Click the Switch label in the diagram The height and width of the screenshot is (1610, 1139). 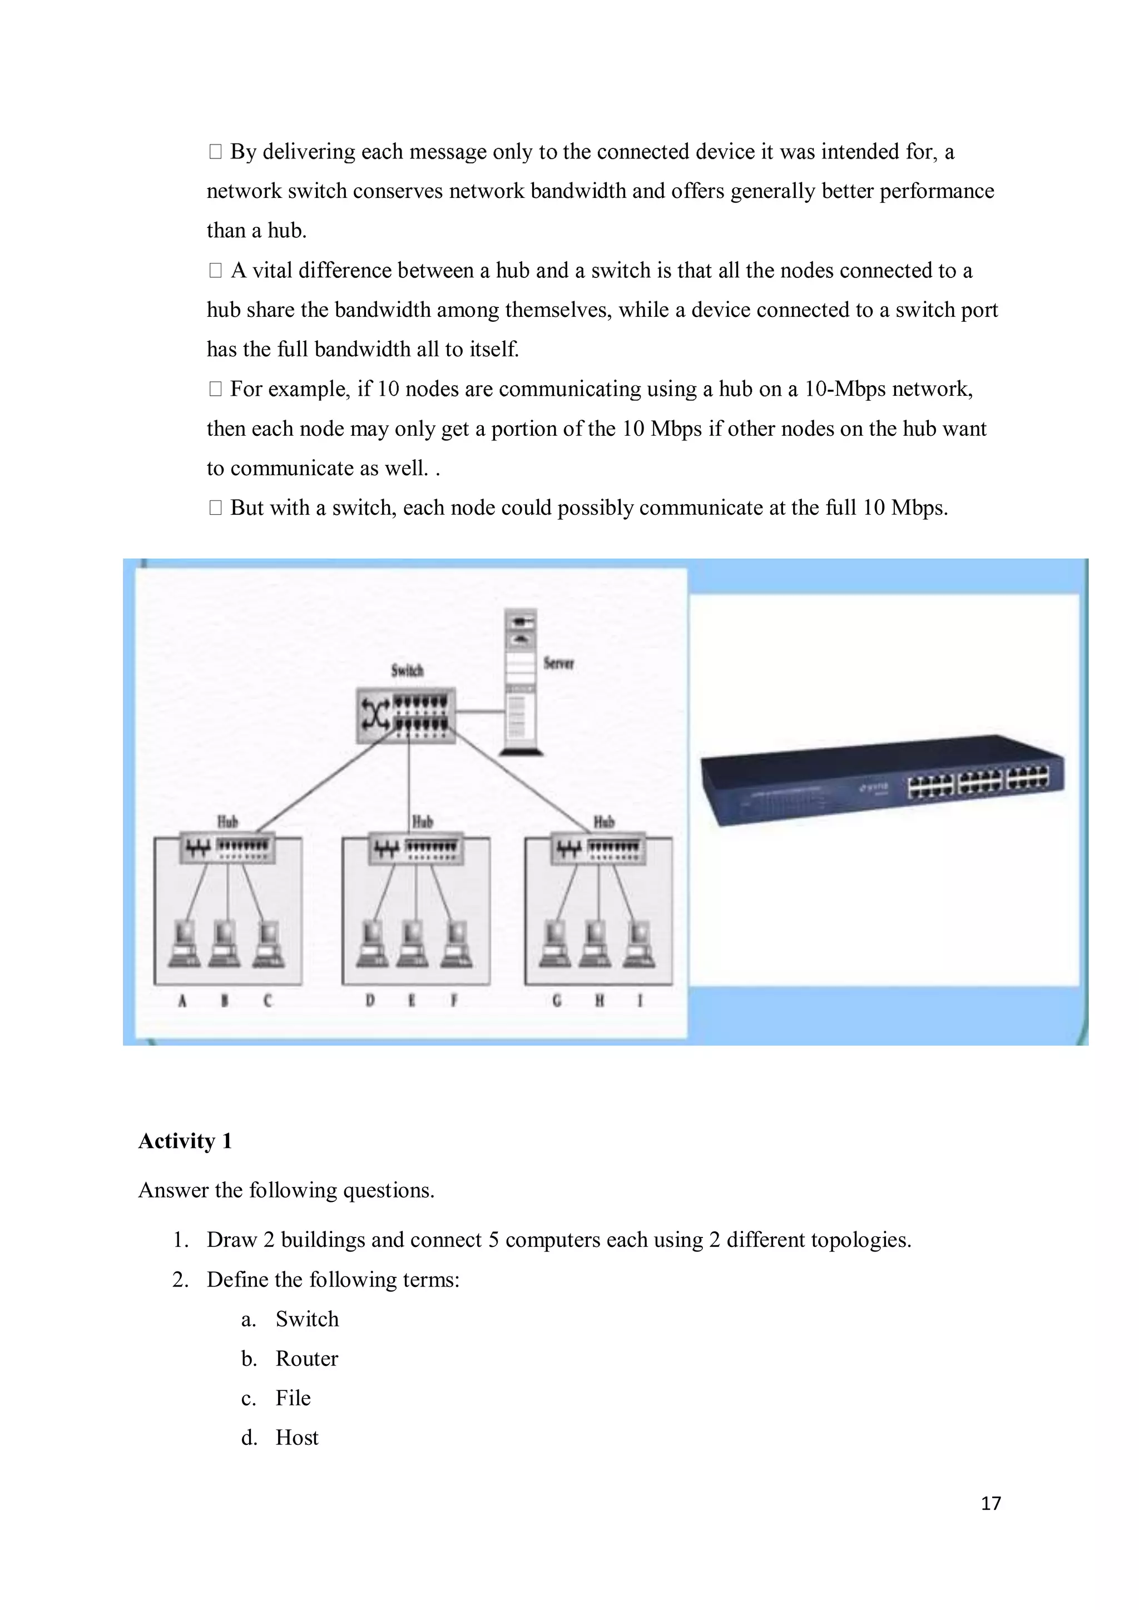407,670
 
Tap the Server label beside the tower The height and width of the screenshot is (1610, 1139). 558,663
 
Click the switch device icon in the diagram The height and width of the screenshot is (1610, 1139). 405,714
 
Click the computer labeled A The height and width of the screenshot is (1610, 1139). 185,945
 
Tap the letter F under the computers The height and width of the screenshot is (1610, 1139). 454,1001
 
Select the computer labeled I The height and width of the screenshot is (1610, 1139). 639,945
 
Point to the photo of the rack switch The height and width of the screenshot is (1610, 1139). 882,781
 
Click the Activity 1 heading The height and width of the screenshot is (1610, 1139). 185,1141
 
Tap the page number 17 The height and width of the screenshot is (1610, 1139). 991,1503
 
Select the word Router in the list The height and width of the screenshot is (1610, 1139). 306,1358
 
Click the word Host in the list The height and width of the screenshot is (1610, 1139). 296,1438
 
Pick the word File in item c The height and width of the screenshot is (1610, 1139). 293,1398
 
